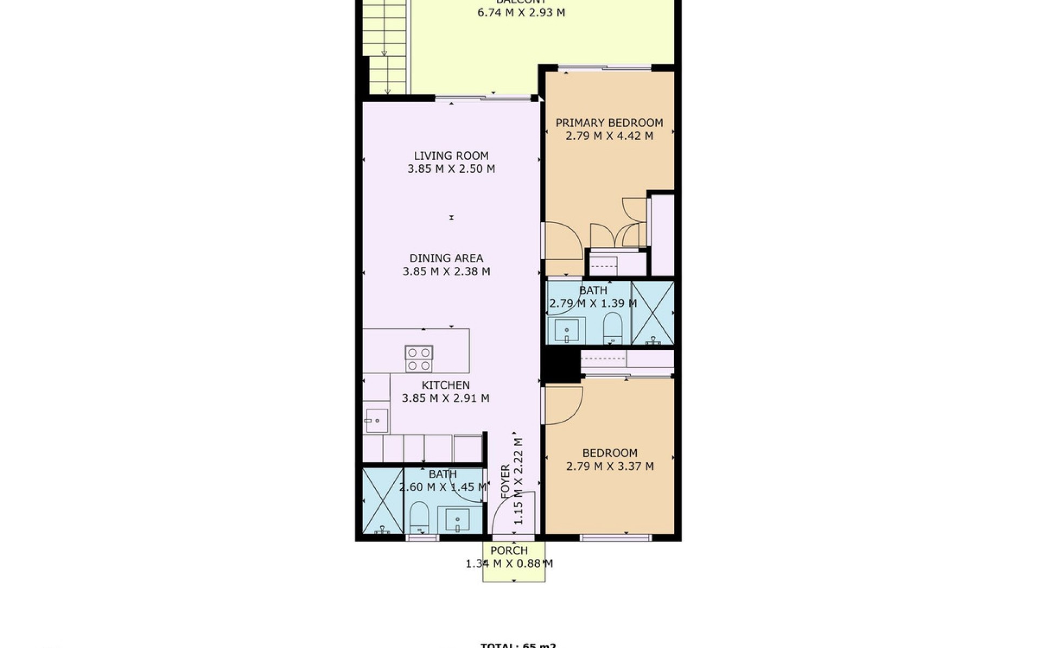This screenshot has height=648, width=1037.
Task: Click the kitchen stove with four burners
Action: point(419,359)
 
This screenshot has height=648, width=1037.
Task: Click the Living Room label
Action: point(448,156)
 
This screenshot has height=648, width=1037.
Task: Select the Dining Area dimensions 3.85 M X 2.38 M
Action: point(446,272)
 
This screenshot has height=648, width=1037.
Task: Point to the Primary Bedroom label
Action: point(609,123)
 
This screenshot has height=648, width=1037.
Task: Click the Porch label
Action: point(509,551)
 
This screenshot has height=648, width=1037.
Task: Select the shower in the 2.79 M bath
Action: point(653,313)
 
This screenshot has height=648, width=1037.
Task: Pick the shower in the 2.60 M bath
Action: point(383,501)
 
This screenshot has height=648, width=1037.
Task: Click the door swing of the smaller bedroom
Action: point(564,406)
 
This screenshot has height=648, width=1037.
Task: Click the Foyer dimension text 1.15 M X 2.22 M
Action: point(518,481)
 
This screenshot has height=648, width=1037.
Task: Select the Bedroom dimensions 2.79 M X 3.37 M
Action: point(610,466)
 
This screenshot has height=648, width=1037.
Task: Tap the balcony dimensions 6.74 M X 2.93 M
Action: point(521,12)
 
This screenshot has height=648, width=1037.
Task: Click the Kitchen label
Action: point(446,385)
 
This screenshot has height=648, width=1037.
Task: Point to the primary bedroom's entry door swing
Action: point(562,248)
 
